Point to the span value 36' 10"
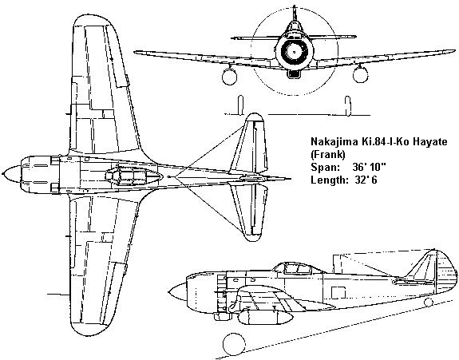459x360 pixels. [x=369, y=167]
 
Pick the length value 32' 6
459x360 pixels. [x=366, y=180]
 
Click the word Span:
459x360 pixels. [x=325, y=167]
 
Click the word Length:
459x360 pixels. [x=328, y=180]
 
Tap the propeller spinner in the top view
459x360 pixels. [x=12, y=174]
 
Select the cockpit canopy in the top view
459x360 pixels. [x=133, y=175]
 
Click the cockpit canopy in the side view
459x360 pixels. [x=295, y=268]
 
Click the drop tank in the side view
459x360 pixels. [x=265, y=318]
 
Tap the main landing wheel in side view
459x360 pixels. [x=234, y=344]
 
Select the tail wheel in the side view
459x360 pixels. [x=428, y=303]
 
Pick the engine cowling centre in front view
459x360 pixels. [x=295, y=52]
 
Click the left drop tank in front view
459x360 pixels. [x=229, y=76]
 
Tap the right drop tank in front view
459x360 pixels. [x=360, y=74]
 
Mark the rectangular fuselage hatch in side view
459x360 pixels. [x=338, y=293]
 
